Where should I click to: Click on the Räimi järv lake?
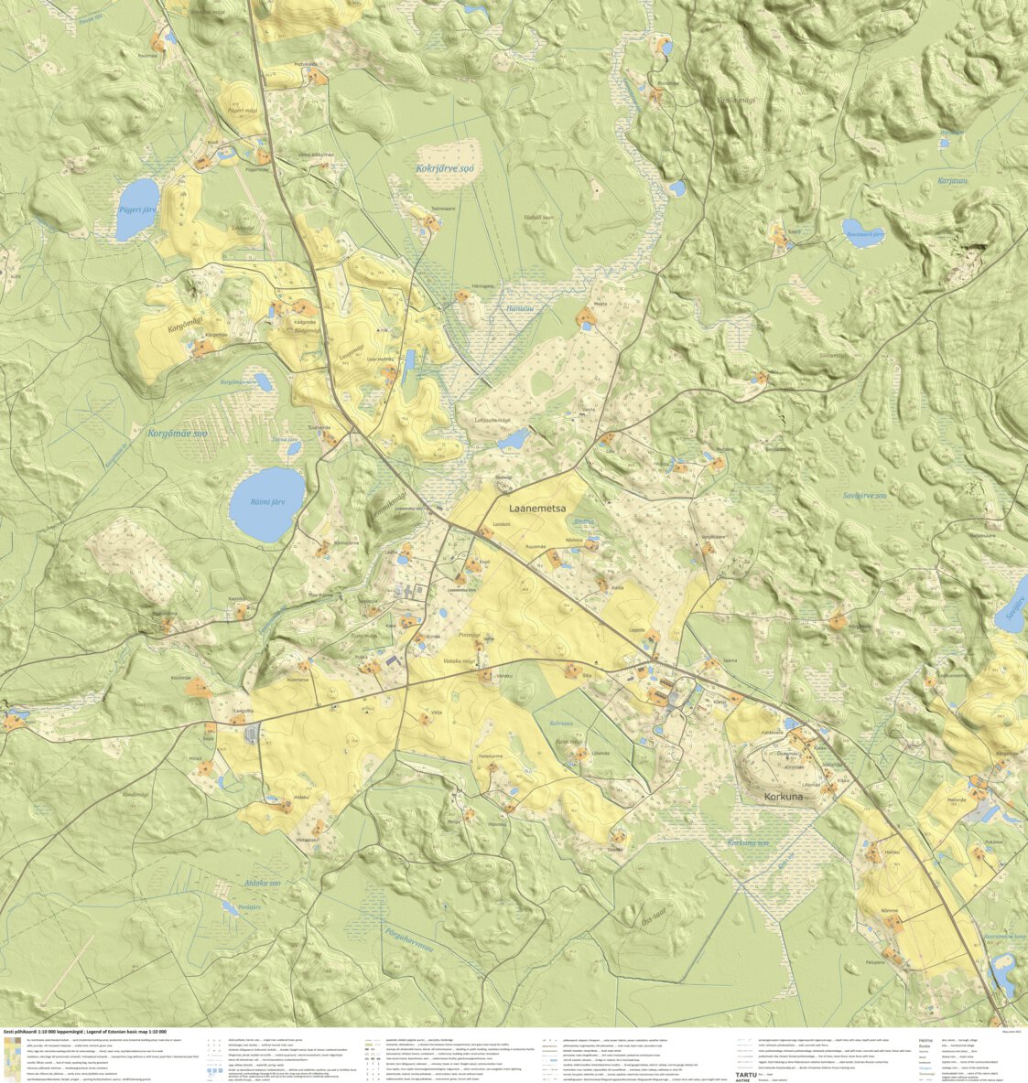coord(265,503)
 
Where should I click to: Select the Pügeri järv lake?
coord(137,199)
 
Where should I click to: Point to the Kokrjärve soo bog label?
coord(445,168)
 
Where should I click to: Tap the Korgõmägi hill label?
coord(184,324)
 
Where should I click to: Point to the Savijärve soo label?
coord(864,496)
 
